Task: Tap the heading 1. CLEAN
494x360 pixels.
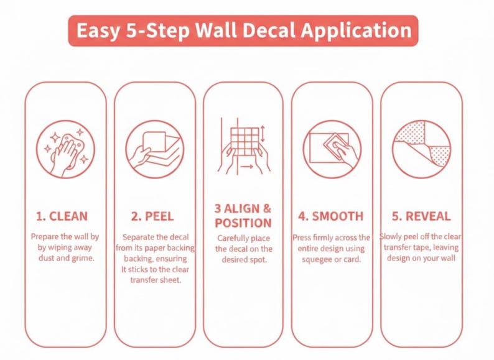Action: tap(62, 216)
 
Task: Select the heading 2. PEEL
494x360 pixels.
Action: tap(152, 216)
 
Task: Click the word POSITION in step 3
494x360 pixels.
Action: tap(243, 223)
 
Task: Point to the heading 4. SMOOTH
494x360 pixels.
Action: tap(331, 216)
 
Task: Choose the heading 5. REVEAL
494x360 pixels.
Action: tap(421, 216)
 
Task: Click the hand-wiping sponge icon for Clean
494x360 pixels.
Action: tap(65, 149)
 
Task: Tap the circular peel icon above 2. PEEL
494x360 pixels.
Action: tap(155, 149)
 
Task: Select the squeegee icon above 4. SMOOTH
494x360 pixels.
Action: tap(332, 149)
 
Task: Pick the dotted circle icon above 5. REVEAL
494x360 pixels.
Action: tap(422, 149)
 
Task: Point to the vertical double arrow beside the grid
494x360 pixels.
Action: tap(263, 134)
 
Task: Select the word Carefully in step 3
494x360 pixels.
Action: tap(233, 238)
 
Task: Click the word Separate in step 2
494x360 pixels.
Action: tap(137, 237)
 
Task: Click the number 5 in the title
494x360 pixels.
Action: tap(131, 30)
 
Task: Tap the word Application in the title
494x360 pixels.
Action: tap(357, 31)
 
